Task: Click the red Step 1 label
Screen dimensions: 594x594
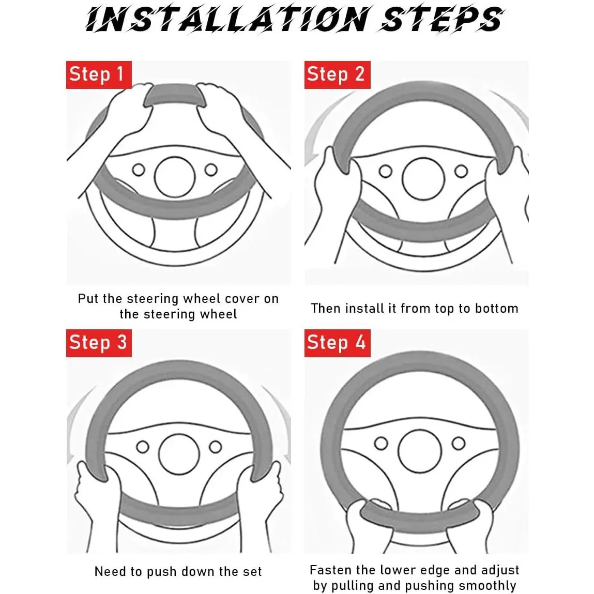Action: coord(99,74)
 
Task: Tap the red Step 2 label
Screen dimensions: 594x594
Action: coord(337,74)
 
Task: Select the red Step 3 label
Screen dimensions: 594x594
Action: coord(99,343)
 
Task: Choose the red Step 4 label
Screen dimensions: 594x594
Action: coord(337,343)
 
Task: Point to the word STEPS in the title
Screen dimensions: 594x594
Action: coord(442,19)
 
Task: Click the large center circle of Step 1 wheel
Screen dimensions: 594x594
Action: coord(175,177)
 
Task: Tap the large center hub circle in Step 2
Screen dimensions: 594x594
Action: coord(423,179)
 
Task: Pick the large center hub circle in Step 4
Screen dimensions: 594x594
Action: coord(420,450)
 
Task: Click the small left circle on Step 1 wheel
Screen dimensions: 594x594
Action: coord(139,170)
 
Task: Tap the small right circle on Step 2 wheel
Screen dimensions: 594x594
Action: coord(461,171)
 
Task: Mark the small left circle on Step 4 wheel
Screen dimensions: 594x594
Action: coord(381,443)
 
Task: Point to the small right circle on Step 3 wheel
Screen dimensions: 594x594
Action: coord(215,447)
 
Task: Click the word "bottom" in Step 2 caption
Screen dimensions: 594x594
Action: coord(497,308)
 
